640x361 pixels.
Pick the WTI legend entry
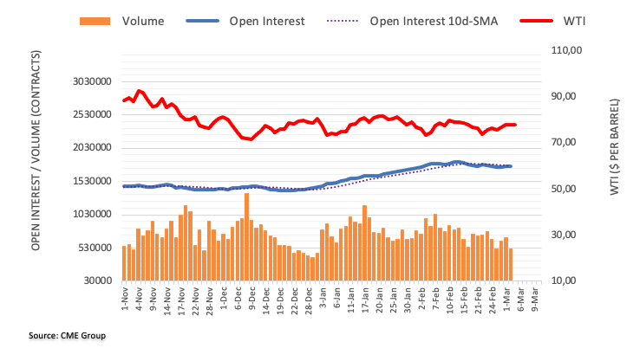(x=573, y=19)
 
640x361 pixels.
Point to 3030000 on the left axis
(x=95, y=81)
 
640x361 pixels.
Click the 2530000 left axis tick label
(x=95, y=114)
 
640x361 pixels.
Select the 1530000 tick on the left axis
(x=95, y=181)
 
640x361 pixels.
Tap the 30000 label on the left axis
(x=101, y=280)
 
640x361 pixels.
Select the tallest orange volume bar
(x=246, y=236)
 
